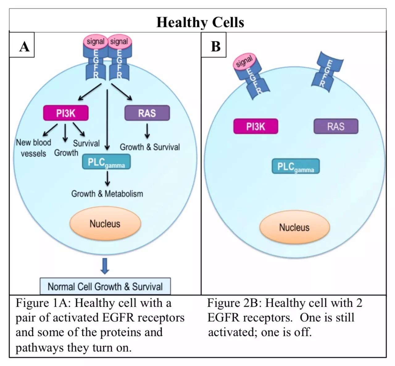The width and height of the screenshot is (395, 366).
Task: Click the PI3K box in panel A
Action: (66, 113)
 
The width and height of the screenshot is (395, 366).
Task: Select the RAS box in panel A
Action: (147, 113)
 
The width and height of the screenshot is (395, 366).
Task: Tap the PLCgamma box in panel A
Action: (106, 162)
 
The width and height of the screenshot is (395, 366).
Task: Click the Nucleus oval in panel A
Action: (105, 224)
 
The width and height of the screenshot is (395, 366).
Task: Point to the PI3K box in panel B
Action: (256, 126)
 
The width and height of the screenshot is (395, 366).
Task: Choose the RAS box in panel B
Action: (336, 126)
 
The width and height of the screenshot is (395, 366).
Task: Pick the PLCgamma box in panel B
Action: (295, 166)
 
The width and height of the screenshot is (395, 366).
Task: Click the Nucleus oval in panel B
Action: (294, 228)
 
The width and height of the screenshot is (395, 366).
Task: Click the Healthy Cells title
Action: (200, 22)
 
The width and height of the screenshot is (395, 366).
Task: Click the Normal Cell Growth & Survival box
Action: (105, 286)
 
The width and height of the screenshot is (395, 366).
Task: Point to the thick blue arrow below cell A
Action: (105, 266)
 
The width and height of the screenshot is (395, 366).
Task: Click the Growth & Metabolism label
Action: (107, 194)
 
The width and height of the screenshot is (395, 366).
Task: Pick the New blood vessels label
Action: (33, 148)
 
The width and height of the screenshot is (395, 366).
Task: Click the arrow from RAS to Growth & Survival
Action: (147, 131)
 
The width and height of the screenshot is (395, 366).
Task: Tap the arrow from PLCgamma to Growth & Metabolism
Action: (107, 178)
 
